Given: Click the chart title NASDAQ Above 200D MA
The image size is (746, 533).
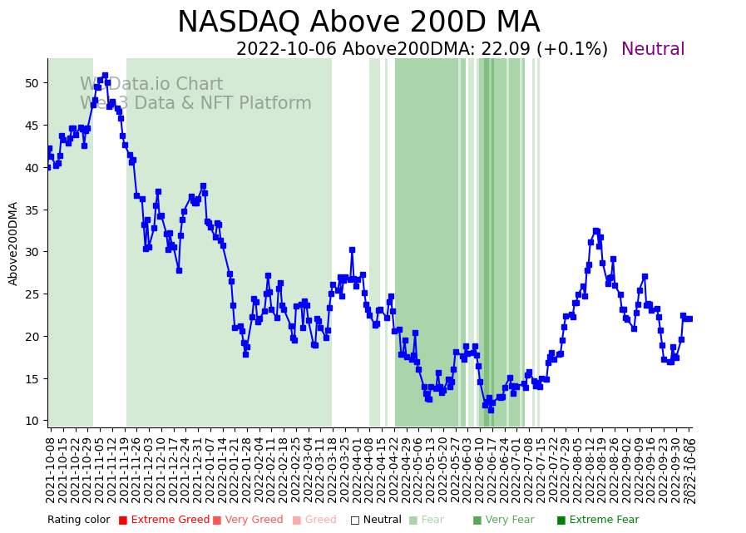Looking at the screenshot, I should point(358,22).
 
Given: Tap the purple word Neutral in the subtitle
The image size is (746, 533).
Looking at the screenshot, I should point(653,50).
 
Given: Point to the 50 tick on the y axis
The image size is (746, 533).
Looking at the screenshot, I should point(32,83).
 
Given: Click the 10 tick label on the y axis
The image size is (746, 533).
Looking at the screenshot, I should point(32,421).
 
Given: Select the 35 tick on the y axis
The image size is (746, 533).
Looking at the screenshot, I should point(32,210).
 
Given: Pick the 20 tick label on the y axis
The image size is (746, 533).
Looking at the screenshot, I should point(32,337).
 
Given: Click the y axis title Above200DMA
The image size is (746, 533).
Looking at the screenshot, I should point(13,244).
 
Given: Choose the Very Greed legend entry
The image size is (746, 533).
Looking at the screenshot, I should point(247,521).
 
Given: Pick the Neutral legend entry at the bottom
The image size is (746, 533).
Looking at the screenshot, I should point(376,521).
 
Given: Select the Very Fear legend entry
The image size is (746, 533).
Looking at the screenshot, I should point(503,521).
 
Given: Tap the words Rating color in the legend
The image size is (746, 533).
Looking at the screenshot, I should point(78,521).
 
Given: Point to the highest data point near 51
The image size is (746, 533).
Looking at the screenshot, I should point(105,76).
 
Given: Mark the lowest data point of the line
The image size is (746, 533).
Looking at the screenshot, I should point(491,410).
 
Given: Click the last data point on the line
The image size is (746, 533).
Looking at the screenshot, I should point(689,318).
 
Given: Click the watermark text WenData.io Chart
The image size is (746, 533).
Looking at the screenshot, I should point(151,85).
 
